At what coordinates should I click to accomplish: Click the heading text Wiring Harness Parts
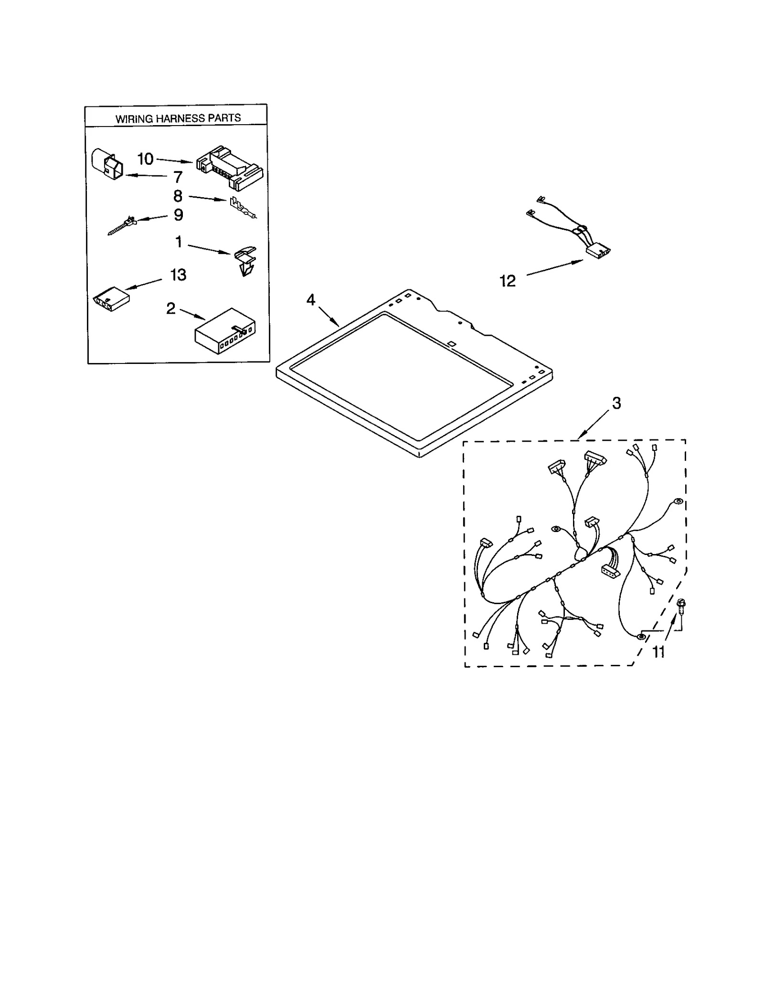[178, 118]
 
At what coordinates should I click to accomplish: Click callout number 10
[145, 159]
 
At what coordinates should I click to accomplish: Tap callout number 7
[178, 177]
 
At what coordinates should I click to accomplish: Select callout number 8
[178, 196]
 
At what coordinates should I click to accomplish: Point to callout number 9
[178, 215]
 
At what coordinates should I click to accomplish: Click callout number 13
[178, 275]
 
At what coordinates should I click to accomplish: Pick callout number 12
[508, 281]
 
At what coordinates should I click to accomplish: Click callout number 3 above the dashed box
[616, 403]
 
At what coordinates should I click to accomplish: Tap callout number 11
[658, 652]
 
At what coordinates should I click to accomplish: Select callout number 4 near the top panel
[311, 300]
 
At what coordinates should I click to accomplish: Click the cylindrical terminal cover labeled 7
[106, 164]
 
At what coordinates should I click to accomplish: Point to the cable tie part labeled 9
[121, 226]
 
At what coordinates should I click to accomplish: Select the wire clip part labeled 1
[245, 262]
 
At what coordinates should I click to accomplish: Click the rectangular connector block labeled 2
[225, 330]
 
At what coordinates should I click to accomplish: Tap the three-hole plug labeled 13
[111, 299]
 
